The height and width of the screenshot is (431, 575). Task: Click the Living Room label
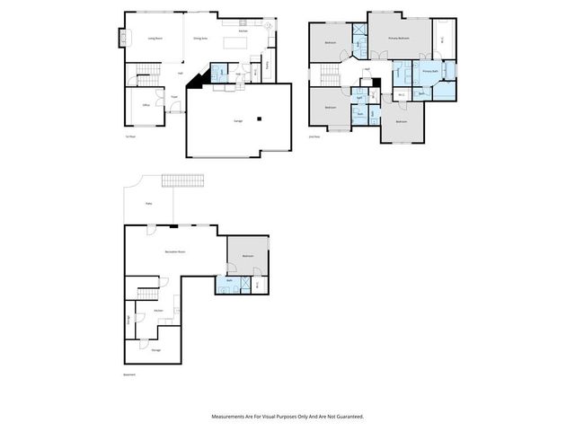coord(155,39)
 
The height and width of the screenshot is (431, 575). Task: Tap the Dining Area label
coord(200,39)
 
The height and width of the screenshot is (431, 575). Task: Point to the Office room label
coord(146,105)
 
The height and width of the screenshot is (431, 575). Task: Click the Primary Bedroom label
coord(399,39)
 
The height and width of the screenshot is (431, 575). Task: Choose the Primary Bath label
coord(429,70)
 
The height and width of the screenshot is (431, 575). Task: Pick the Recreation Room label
coord(174,252)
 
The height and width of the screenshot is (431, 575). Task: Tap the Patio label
coord(148,204)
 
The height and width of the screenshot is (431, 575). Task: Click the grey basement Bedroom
coord(247,256)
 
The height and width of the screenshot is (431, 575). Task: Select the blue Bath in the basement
coord(230,282)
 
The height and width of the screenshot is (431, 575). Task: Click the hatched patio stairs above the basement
coord(181,182)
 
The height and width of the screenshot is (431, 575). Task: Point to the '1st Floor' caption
coord(130,137)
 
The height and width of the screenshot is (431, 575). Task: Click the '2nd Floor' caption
coord(314,137)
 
